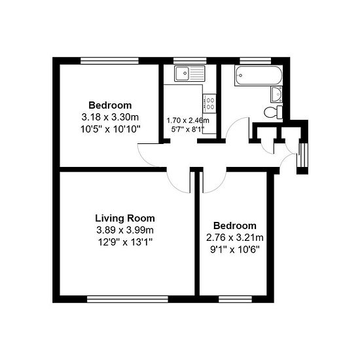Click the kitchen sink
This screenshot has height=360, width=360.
pos(189,73)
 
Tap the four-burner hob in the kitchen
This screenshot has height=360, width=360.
pos(209,103)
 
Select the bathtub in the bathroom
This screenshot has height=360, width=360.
pos(259,75)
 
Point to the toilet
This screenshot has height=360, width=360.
pos(273,113)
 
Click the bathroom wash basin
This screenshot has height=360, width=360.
pos(277,94)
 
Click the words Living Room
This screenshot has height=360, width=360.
pos(125,218)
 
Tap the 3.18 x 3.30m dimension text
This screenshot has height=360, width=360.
pos(110,117)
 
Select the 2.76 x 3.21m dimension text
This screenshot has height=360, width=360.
pos(234,238)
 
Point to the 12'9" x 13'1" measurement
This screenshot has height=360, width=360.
pos(125,242)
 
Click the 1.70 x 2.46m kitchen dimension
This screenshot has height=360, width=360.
pos(188,120)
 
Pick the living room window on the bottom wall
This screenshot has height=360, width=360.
pos(128,299)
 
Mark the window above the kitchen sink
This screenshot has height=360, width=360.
pos(190,61)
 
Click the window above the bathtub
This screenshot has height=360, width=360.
pos(255,61)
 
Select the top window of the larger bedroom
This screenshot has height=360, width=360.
pos(109,61)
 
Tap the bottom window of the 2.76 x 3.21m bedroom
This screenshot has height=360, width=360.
pos(235,299)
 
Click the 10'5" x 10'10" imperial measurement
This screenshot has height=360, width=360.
pos(110,129)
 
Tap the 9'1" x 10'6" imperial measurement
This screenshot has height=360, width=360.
pos(234,249)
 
